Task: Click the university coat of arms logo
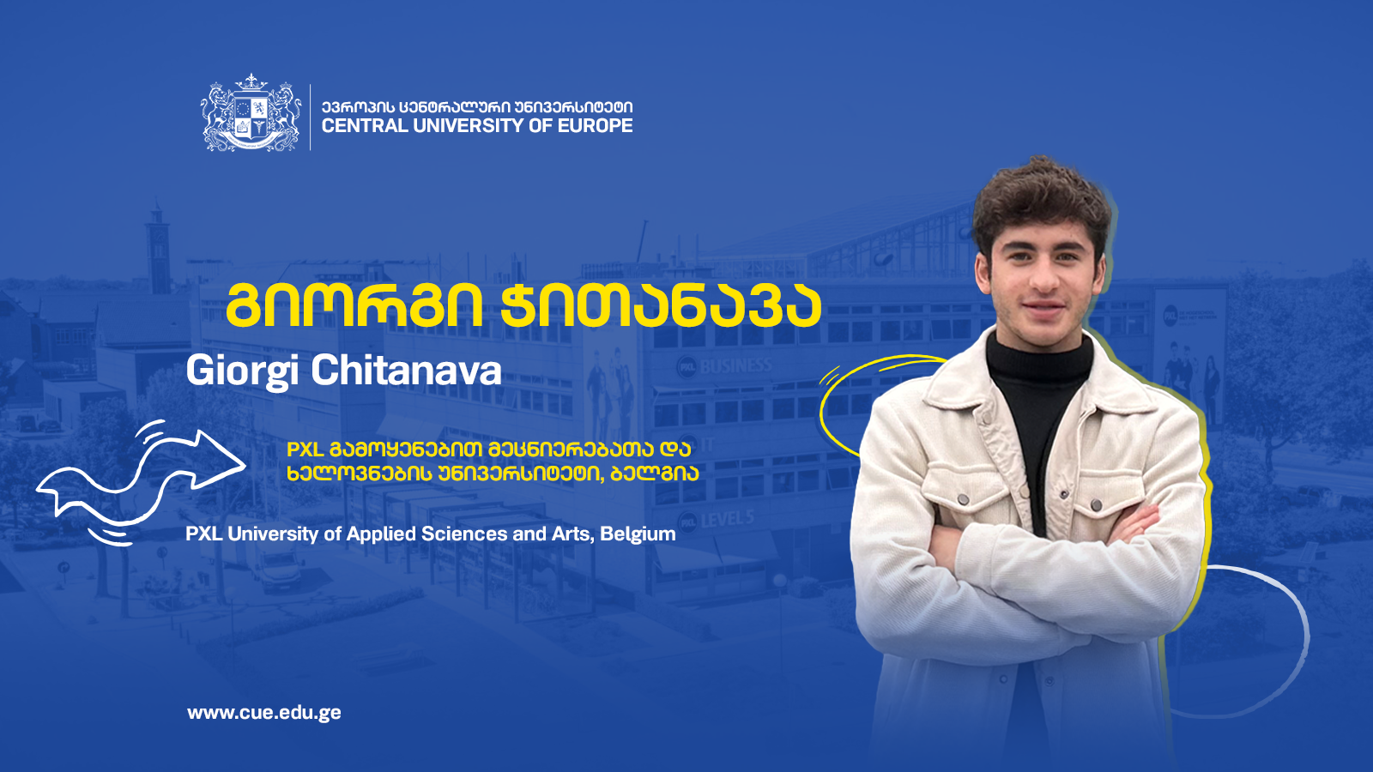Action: click(251, 113)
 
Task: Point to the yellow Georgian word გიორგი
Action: click(354, 305)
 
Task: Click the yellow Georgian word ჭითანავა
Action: click(661, 305)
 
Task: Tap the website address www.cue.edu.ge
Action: click(264, 713)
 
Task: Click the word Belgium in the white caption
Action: click(638, 534)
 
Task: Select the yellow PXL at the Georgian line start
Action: click(305, 449)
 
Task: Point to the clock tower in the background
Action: click(159, 248)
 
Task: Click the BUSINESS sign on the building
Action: click(735, 366)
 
